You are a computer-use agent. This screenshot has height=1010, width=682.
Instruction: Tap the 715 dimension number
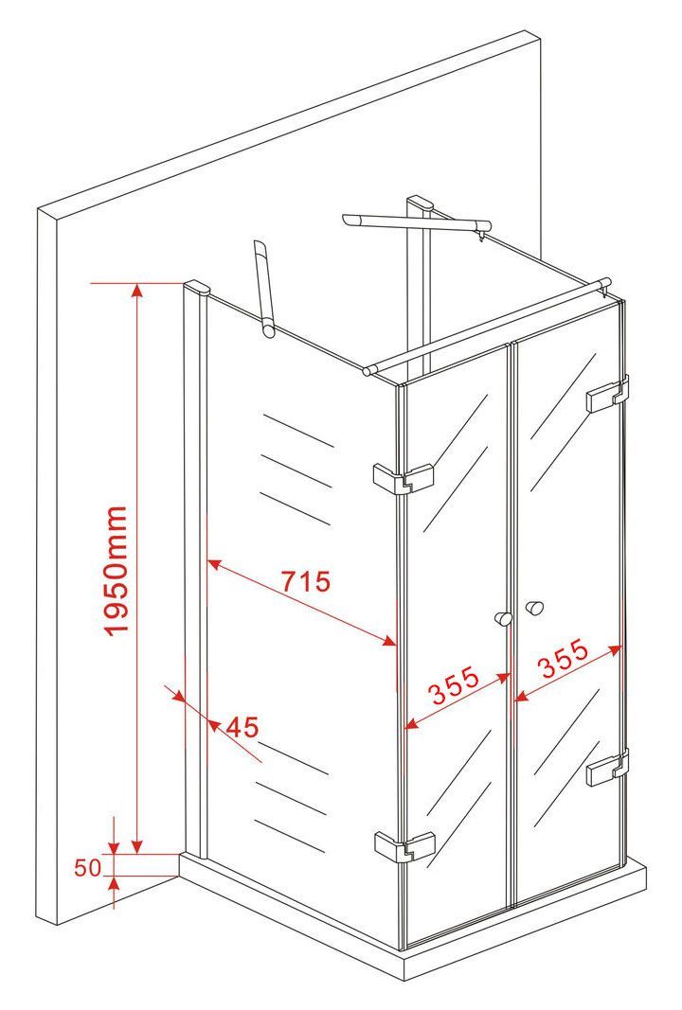306,581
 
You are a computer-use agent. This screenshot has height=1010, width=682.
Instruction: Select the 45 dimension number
242,727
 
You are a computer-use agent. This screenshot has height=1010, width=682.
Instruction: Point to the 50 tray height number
88,868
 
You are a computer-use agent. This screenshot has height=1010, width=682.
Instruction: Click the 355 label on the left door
455,684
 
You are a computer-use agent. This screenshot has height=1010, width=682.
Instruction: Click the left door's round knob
503,619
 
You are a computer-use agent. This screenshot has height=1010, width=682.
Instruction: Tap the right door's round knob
534,608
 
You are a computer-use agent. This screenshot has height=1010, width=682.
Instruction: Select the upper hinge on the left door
404,478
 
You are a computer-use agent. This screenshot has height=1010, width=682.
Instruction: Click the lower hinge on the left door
404,845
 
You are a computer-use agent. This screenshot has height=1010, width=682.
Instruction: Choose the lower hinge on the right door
608,768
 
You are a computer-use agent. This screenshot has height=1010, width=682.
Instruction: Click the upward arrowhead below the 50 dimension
114,885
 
